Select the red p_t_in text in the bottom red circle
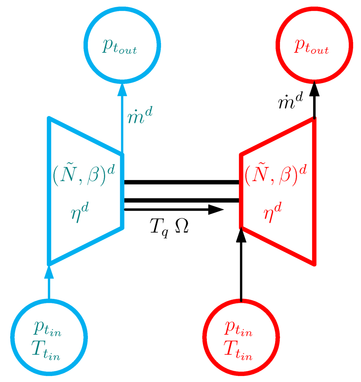(238, 330)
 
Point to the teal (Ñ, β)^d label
(84, 173)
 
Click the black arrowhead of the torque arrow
(215, 210)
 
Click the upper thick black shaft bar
(182, 182)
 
